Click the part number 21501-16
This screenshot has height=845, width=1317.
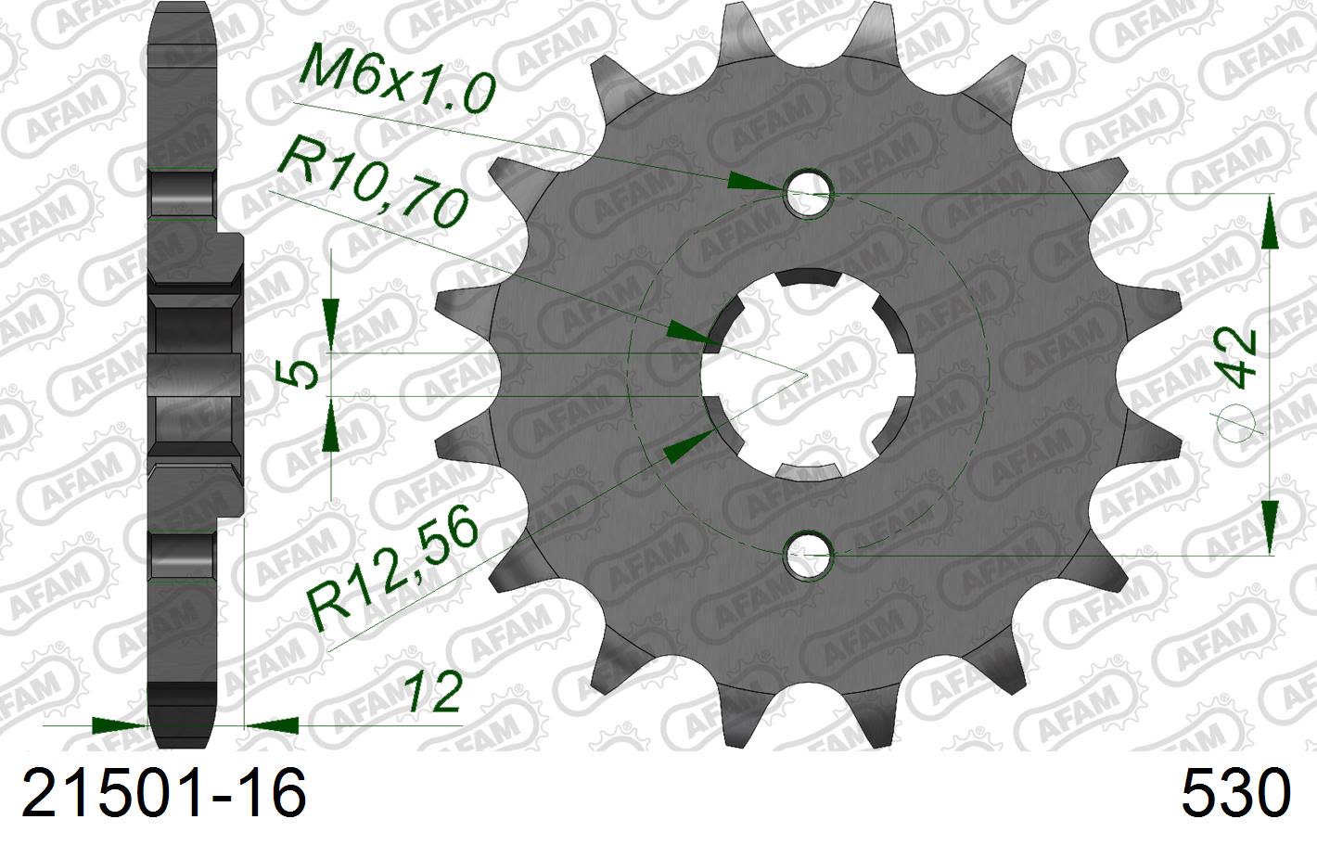click(163, 794)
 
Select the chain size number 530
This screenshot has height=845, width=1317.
click(1235, 794)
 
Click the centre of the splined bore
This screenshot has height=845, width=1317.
click(807, 375)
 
